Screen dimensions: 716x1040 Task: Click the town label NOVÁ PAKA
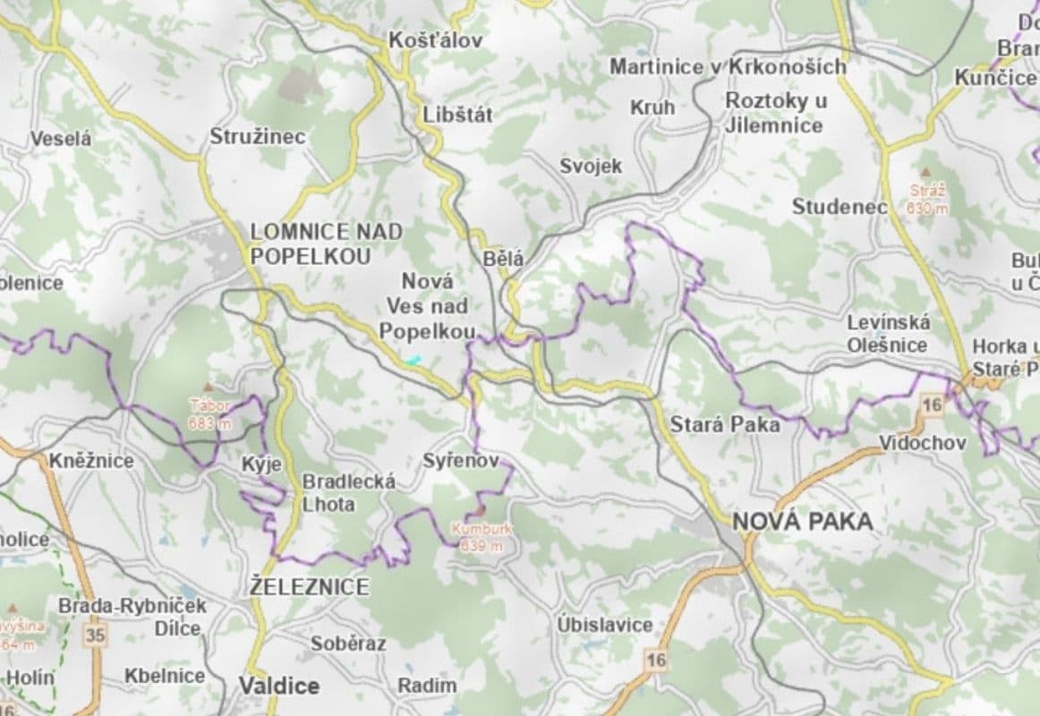(802, 521)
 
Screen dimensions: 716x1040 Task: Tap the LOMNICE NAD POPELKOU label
(326, 243)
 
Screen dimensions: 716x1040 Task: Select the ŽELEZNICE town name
(309, 587)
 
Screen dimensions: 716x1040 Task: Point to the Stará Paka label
(725, 424)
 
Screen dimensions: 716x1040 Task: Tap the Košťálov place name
(435, 40)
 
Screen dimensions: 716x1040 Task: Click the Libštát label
(457, 115)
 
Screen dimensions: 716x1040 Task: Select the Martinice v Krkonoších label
(728, 66)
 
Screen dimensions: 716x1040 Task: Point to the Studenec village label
(839, 207)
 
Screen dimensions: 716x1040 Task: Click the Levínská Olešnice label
(888, 333)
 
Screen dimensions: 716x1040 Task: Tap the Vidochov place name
(922, 443)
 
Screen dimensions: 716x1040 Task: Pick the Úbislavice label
(604, 624)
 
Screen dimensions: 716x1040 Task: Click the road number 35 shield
(95, 635)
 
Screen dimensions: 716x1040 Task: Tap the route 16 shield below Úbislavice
(656, 661)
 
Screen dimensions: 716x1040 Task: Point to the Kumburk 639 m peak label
(482, 536)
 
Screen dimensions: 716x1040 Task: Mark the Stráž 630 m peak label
(926, 199)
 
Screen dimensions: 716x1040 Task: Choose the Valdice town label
(278, 686)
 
